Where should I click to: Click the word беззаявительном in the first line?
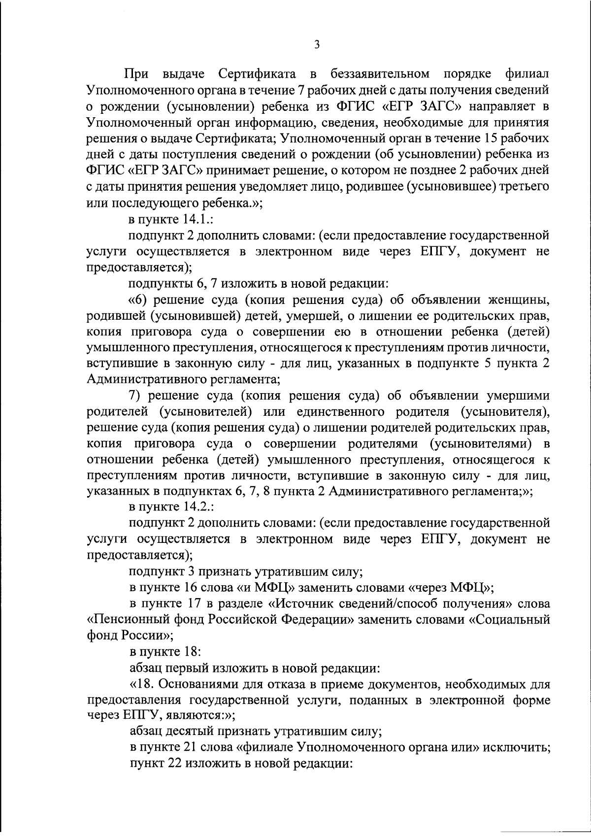tap(380, 75)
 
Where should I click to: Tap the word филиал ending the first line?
tap(527, 75)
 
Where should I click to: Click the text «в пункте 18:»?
tap(164, 651)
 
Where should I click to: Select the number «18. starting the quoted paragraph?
tap(142, 684)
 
